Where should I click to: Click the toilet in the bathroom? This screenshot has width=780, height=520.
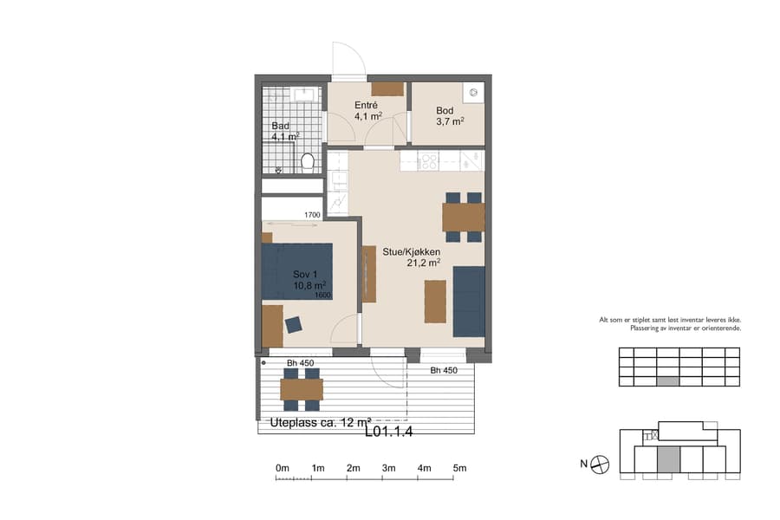click(x=306, y=162)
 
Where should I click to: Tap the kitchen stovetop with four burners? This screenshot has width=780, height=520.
click(x=429, y=159)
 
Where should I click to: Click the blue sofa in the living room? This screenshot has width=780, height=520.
click(x=469, y=301)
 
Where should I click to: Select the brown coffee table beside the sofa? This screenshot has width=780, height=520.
click(x=434, y=301)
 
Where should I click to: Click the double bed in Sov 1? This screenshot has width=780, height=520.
click(x=298, y=270)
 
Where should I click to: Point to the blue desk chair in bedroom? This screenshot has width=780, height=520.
click(x=293, y=324)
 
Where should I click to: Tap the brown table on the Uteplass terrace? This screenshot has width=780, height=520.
click(x=301, y=389)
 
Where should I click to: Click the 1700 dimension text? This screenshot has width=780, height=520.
click(x=313, y=215)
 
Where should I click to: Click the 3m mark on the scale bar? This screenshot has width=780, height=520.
click(x=388, y=468)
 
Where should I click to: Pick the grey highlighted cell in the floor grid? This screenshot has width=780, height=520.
click(x=667, y=380)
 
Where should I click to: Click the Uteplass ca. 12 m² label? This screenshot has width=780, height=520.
click(x=315, y=423)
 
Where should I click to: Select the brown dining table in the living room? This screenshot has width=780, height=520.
click(x=463, y=217)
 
